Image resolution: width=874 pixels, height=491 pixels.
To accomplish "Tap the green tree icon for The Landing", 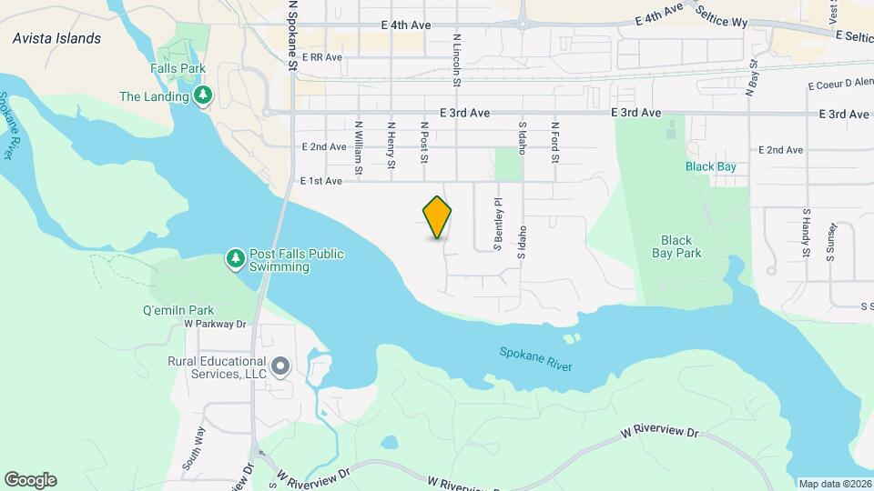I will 205,95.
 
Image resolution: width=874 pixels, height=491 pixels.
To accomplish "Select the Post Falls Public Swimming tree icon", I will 236,259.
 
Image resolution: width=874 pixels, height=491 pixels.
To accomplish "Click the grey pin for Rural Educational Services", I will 280,367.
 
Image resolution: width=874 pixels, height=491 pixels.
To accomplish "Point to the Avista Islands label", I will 56,38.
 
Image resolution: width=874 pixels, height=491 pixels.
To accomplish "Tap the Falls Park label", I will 178,68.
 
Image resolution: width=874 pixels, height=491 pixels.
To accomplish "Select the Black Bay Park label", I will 676,246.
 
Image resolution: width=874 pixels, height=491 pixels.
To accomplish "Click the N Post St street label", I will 423,144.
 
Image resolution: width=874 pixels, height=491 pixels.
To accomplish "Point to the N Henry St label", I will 391,145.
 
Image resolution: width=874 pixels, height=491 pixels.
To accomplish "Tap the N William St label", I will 359,147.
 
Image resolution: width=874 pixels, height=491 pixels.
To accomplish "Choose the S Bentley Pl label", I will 498,224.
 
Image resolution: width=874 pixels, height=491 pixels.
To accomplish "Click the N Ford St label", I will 554,144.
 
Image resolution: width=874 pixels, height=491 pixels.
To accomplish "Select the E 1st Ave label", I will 321,181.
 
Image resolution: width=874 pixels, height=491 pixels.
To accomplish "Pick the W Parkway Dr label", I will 216,323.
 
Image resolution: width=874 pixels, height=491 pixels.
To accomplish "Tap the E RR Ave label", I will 320,57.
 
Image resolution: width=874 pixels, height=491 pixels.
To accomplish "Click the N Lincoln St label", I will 456,61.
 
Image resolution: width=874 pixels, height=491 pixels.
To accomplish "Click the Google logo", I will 30,479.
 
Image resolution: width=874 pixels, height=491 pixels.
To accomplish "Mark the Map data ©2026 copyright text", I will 834,483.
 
